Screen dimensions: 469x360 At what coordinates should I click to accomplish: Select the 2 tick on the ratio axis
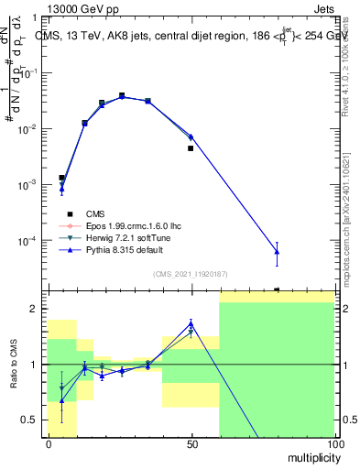pos(37,309)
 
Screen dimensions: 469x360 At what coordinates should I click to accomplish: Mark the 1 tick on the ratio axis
pos(37,365)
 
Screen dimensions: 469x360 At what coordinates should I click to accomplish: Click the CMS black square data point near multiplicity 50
pos(191,148)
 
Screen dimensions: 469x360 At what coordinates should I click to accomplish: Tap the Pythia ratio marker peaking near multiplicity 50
pos(191,323)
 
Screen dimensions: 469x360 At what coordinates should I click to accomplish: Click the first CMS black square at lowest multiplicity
pos(61,178)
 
